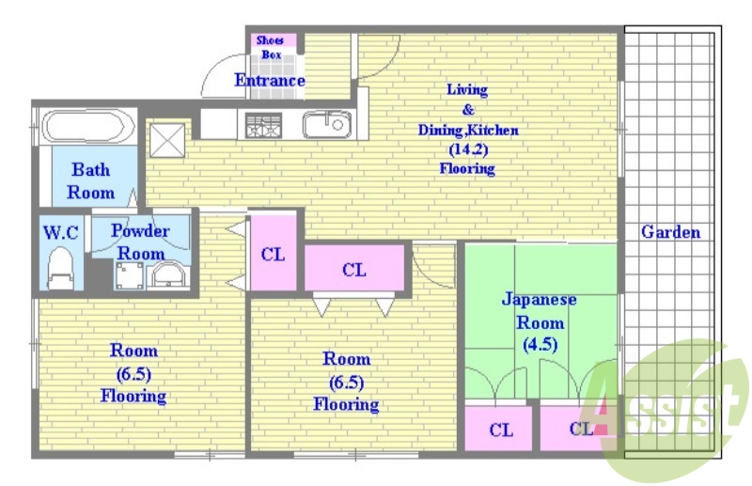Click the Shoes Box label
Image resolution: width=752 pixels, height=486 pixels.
(271, 48)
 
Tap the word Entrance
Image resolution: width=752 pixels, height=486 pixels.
(270, 81)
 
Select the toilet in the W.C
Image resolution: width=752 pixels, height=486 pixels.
(60, 268)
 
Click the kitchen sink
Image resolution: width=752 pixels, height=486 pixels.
(326, 125)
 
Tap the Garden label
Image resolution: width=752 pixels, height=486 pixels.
(670, 232)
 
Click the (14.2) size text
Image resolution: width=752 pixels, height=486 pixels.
(467, 149)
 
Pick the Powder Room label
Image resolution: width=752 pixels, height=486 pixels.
(140, 242)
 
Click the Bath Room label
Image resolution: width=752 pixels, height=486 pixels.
(91, 181)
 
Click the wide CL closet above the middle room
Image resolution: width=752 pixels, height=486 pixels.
(353, 271)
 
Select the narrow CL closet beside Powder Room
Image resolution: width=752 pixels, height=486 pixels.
(273, 255)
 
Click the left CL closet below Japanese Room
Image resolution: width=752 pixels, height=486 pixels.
(500, 431)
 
